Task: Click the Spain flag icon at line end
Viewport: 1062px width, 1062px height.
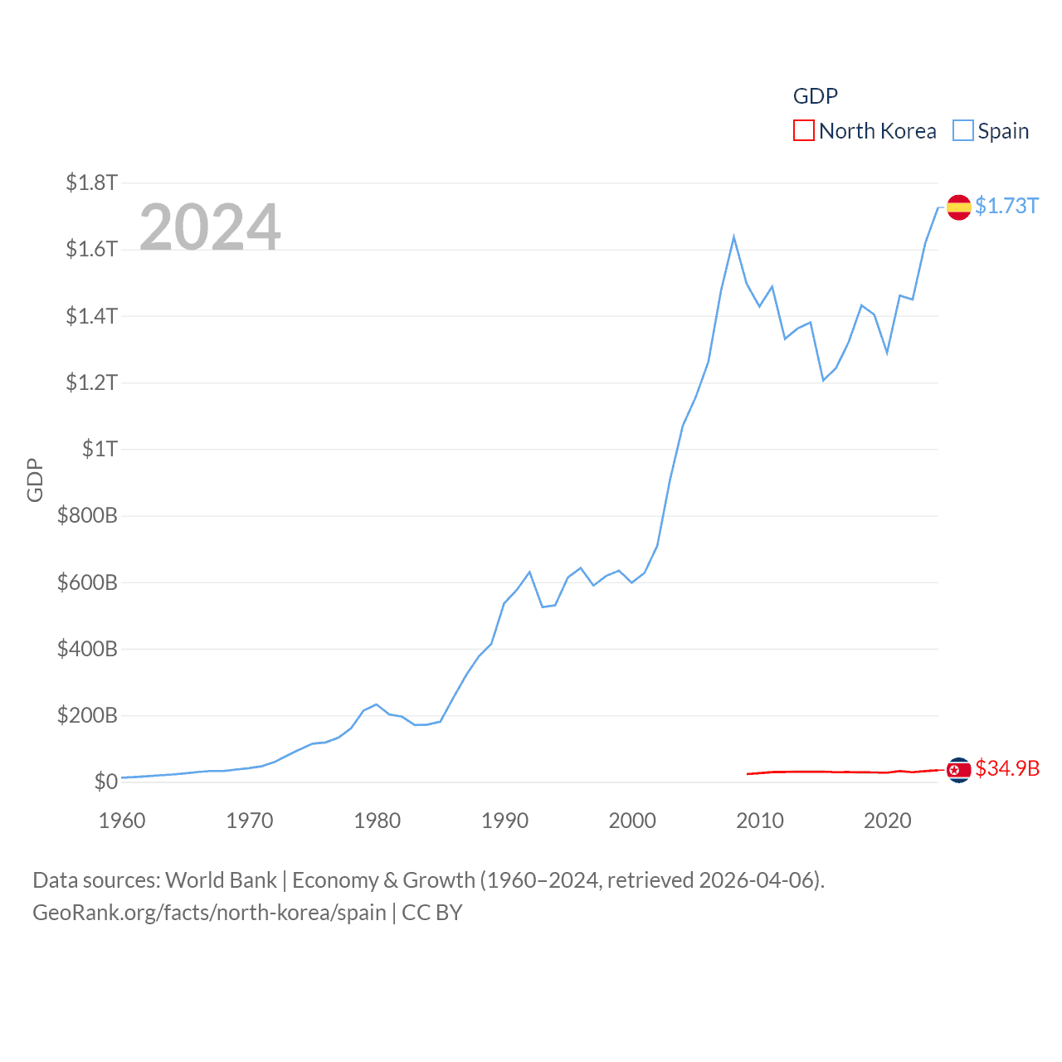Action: coord(958,207)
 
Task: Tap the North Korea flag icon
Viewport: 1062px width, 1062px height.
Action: coord(958,770)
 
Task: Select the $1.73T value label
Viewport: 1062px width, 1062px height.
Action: coord(1006,206)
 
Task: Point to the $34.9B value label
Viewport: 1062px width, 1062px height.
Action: coord(1007,768)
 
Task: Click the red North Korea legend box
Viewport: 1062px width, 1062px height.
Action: coord(803,131)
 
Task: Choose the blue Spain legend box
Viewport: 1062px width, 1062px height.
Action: coord(962,131)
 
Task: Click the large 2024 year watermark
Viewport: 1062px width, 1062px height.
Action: coord(210,227)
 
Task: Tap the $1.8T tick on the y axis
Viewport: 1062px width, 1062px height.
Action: coord(91,183)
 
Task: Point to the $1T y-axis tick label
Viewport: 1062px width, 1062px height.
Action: coord(100,449)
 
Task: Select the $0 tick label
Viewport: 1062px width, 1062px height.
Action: coord(105,782)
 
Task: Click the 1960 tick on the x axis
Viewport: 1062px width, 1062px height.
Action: coord(122,821)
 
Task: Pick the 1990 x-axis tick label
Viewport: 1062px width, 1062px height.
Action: coord(504,821)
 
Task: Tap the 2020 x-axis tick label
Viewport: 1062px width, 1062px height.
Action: coord(887,821)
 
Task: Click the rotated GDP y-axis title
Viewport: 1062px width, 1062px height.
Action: coord(35,480)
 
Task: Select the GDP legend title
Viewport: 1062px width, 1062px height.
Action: coord(815,96)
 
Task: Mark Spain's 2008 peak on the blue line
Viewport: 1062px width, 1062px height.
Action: coord(733,238)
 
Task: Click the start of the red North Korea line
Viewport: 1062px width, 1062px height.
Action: coord(748,774)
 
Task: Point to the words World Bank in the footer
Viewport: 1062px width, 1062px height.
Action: coord(221,879)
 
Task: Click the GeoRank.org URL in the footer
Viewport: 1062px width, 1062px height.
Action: coord(209,913)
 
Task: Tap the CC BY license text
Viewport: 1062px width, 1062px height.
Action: coord(431,913)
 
